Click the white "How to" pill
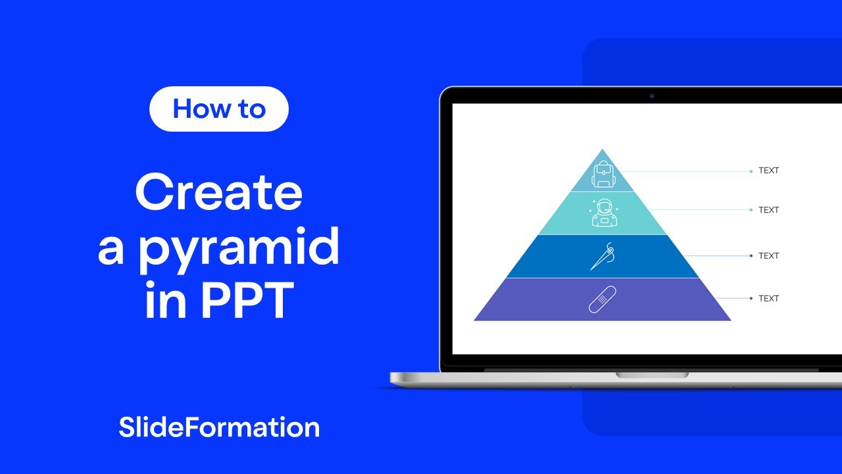(219, 109)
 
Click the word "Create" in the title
(219, 192)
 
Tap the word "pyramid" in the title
(238, 248)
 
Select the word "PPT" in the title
(247, 302)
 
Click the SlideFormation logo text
(219, 427)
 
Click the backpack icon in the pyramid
(602, 175)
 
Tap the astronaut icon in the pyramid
(602, 213)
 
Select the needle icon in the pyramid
(602, 256)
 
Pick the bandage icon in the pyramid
(602, 300)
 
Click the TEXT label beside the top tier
(768, 171)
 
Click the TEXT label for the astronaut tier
(768, 210)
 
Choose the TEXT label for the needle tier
(768, 255)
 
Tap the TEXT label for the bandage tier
(768, 298)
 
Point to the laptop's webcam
(652, 96)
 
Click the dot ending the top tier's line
(751, 171)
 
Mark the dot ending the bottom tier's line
(751, 299)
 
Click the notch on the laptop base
(652, 375)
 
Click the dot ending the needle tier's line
(751, 255)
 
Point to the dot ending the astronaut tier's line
(751, 210)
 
